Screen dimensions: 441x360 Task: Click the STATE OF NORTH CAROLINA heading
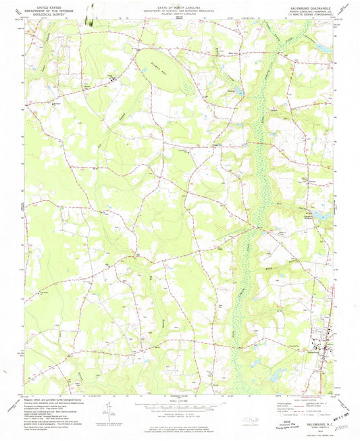180,5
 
